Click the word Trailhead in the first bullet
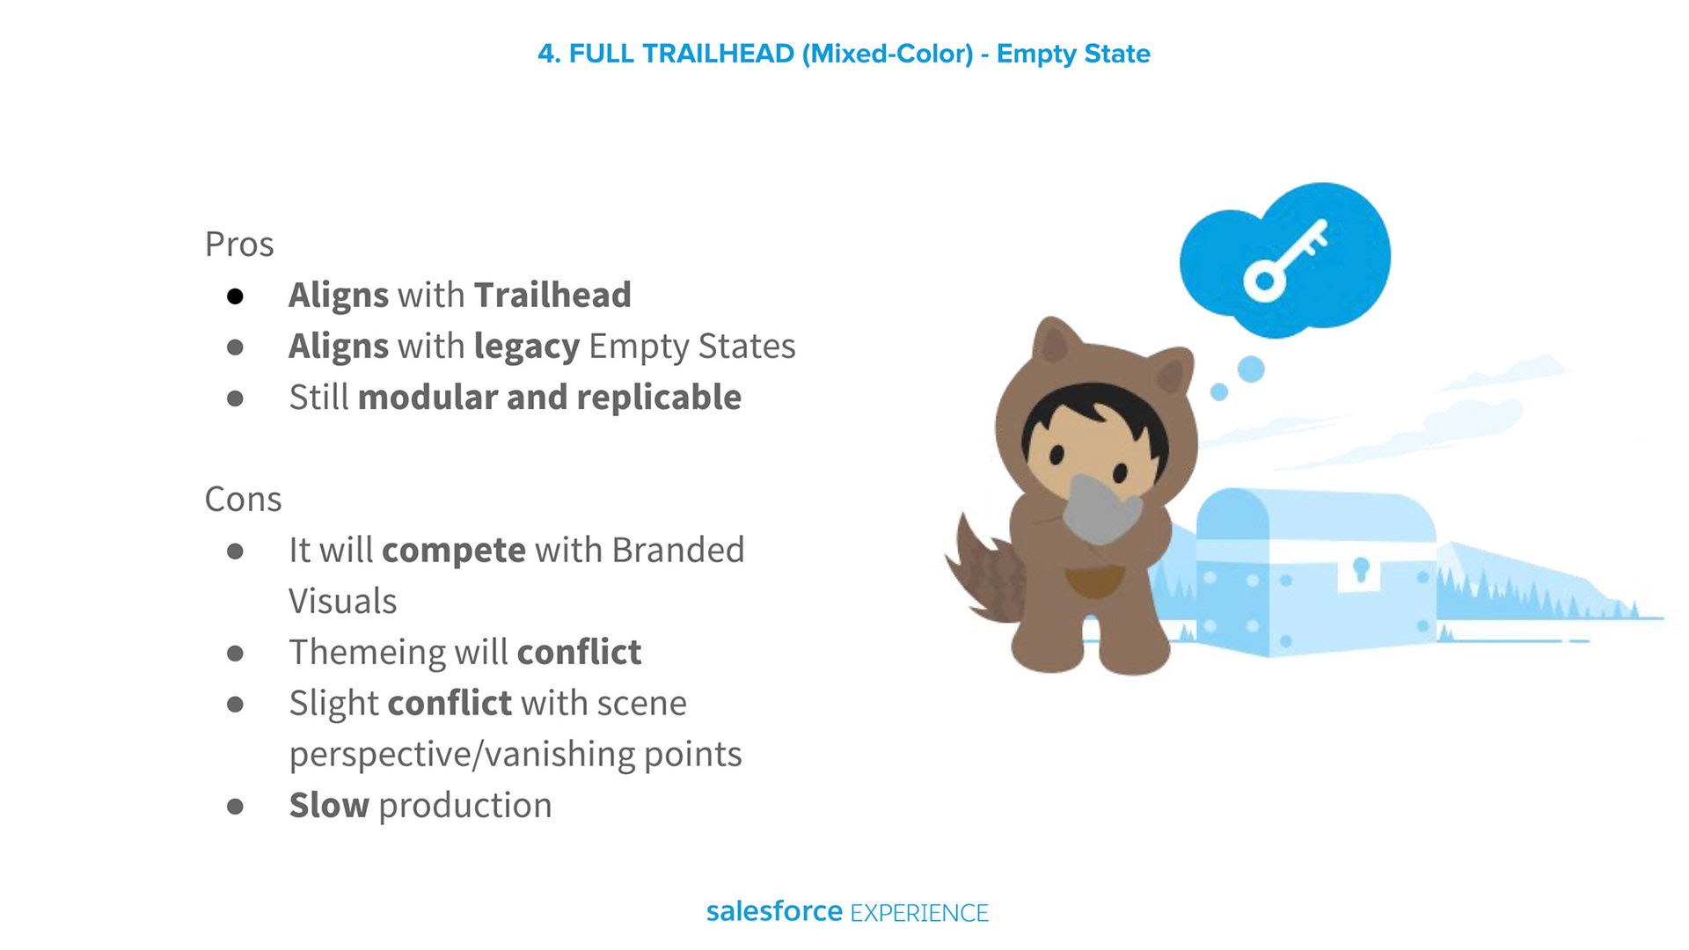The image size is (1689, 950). [552, 296]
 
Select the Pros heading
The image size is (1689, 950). [239, 245]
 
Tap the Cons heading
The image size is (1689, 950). [243, 500]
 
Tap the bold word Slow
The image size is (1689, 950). [329, 806]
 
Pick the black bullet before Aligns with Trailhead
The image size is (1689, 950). [235, 296]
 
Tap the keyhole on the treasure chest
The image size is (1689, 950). [1361, 569]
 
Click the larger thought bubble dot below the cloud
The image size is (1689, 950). [1251, 369]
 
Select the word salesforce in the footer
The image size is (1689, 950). [774, 911]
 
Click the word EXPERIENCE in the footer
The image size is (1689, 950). [919, 913]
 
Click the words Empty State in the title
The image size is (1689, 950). [1073, 55]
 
